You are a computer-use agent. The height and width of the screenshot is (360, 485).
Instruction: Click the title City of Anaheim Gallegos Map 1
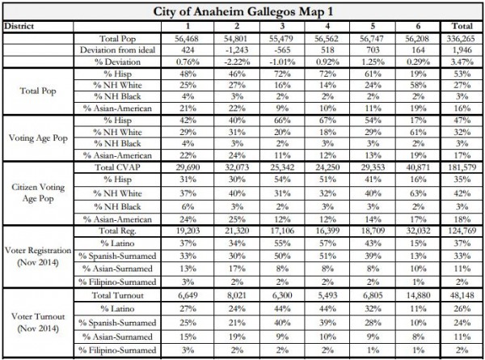pos(242,11)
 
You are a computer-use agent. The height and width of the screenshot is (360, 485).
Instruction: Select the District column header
pos(19,26)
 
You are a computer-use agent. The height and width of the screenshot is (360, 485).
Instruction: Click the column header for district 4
pos(326,26)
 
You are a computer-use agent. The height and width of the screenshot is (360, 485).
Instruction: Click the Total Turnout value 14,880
pos(415,296)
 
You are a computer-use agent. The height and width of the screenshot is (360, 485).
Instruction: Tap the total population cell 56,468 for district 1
pos(192,37)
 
